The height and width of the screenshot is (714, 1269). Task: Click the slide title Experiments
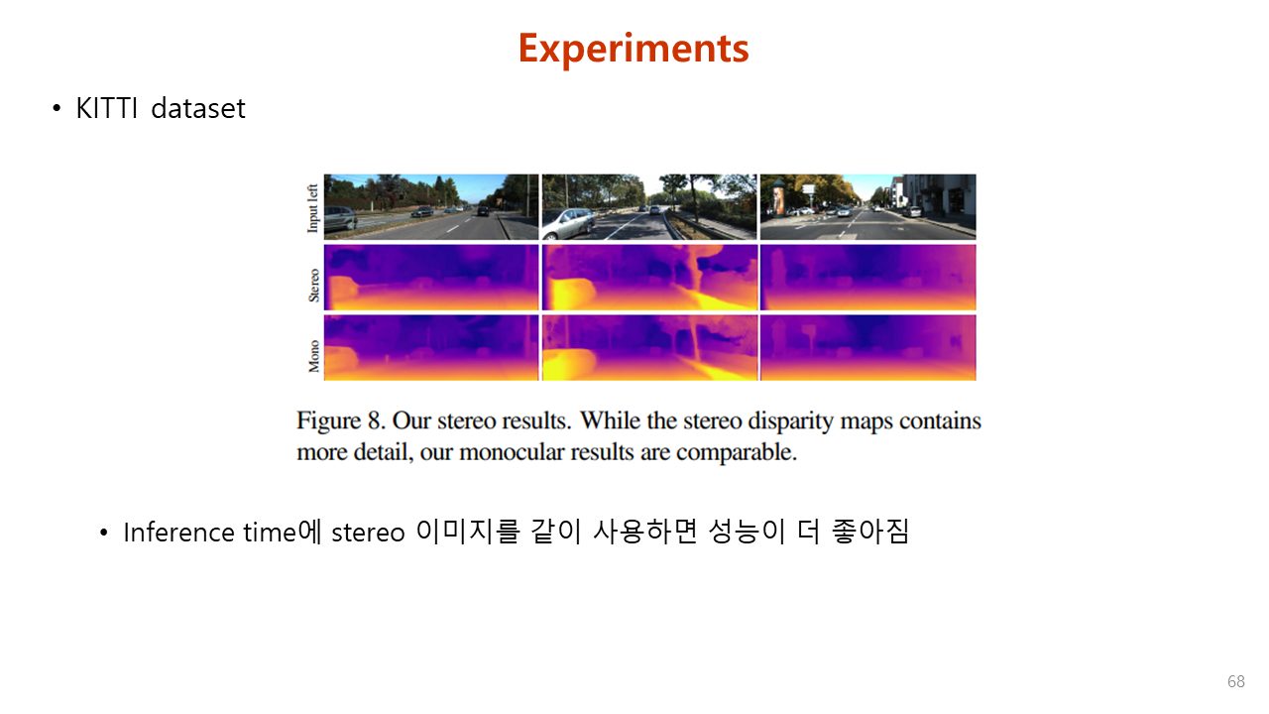pos(634,49)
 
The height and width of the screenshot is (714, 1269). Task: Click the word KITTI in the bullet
pos(106,108)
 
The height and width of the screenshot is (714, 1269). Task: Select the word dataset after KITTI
pos(198,108)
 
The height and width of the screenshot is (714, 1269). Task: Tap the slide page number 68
pos(1236,681)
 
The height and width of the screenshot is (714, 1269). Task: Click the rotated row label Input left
pos(312,208)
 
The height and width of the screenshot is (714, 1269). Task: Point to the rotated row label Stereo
pos(313,285)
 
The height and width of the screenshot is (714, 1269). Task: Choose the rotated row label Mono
pos(313,356)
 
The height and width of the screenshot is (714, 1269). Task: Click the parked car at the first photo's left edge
pos(339,218)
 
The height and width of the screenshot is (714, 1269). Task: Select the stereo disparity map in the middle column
pos(649,278)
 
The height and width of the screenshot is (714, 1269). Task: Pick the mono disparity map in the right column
pos(867,348)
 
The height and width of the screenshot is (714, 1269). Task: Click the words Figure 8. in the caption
pos(341,421)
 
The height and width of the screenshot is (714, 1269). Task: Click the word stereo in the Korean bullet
pos(368,534)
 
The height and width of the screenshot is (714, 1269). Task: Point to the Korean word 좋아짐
pos(870,532)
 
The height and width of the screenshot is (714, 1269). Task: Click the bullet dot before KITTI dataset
pos(57,108)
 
